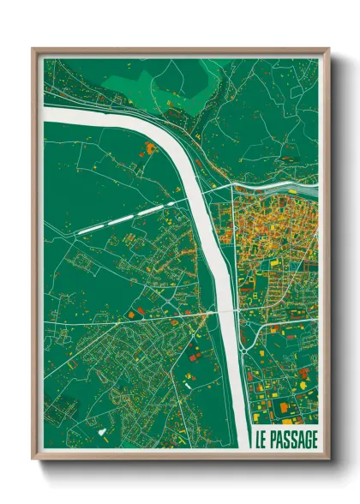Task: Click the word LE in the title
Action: tap(260, 439)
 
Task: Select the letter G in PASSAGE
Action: tap(306, 439)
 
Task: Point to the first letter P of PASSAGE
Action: tap(273, 439)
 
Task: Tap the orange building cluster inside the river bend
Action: tap(151, 149)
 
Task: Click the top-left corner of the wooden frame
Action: tap(33, 50)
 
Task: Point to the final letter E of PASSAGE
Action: tap(315, 439)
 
